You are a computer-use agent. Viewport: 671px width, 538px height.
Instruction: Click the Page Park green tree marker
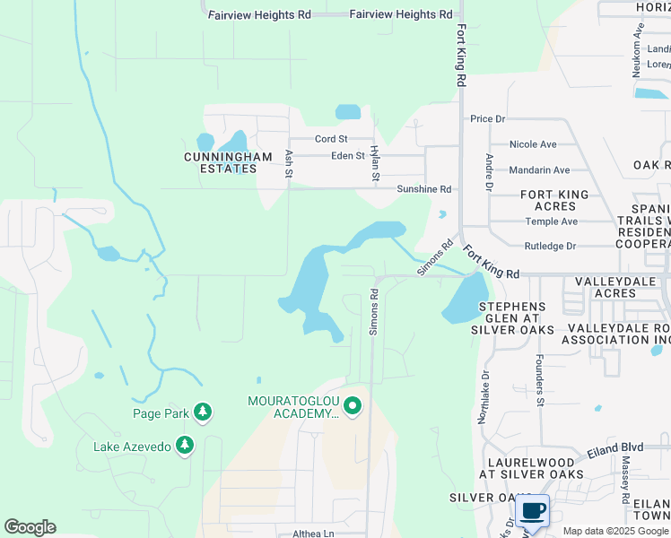(204, 412)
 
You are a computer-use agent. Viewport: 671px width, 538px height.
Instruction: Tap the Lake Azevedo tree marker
(185, 445)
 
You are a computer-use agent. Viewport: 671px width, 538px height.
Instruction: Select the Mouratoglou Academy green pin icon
(353, 407)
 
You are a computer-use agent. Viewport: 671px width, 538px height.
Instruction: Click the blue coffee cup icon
(533, 510)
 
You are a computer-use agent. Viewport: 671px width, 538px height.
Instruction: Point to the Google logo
(30, 527)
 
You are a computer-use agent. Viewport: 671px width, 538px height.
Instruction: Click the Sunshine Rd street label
(424, 189)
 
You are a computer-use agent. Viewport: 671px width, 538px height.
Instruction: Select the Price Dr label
(488, 118)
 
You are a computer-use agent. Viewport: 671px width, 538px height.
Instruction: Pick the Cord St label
(331, 139)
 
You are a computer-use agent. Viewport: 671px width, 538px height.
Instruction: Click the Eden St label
(349, 155)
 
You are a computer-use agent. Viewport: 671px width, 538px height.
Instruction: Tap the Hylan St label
(375, 166)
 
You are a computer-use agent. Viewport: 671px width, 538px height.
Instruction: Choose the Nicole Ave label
(533, 144)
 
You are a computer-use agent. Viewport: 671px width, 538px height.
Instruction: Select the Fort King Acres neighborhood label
(555, 201)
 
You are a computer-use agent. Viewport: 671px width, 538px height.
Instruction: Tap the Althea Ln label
(313, 534)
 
